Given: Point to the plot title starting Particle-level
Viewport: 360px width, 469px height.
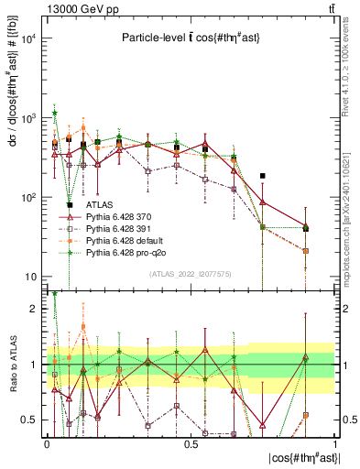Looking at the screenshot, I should pos(191,38).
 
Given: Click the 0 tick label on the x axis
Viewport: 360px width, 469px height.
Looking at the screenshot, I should pos(47,443).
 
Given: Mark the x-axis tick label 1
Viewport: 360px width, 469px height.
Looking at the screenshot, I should pos(334,443).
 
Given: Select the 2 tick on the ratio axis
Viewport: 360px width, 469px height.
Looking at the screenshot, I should pos(36,309).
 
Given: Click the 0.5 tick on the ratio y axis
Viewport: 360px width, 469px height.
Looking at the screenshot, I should pos(31,420).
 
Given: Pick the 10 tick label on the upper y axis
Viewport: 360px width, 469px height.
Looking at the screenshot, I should pos(30,277).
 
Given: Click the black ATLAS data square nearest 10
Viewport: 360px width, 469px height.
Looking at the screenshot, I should pos(70,205).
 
